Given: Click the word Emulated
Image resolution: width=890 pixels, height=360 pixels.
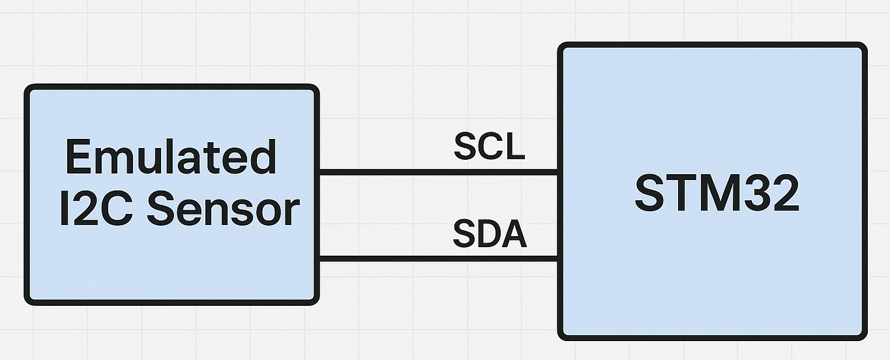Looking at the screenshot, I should pos(171,157).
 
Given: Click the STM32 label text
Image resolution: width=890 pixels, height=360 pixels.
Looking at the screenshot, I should pos(717,194).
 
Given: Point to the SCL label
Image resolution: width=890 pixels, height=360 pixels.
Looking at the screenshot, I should pos(489,147).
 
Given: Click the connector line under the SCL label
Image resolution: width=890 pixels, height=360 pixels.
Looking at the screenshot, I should pos(437,172).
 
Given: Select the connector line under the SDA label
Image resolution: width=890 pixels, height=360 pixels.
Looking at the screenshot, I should pos(437,260).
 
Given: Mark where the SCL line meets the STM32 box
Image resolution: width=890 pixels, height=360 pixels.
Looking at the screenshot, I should pos(559,172).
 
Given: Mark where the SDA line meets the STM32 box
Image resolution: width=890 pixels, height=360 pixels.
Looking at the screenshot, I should pos(559,260).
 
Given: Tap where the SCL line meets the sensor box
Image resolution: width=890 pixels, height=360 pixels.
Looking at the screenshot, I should pos(318,172).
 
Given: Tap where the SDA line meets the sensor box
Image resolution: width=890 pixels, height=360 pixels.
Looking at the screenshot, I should pos(318,260).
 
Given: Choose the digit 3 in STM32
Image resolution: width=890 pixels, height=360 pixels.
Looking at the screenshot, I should pos(754,194).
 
